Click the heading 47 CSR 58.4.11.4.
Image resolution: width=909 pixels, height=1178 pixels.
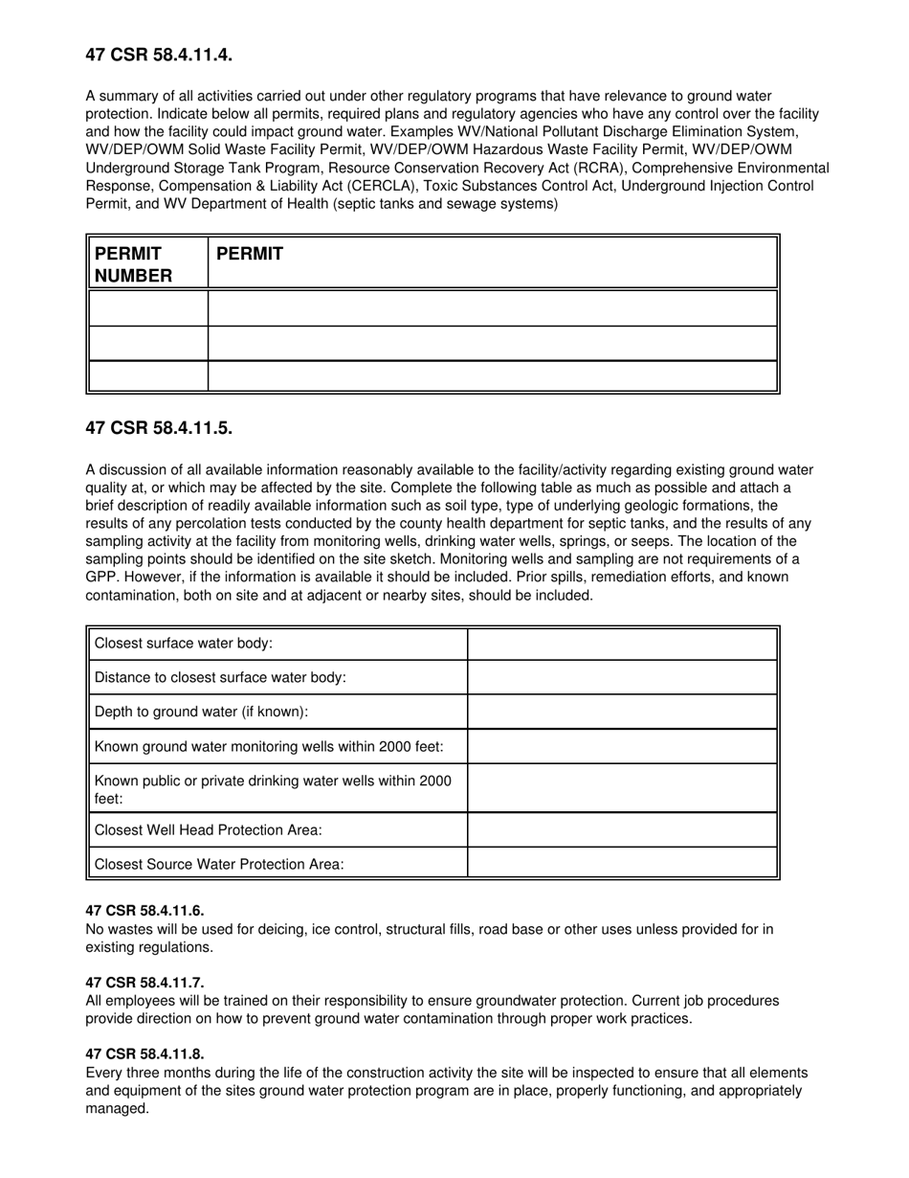pos(159,56)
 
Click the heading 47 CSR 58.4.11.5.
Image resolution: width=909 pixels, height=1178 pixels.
pos(159,428)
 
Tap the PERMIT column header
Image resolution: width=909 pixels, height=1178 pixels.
pos(250,254)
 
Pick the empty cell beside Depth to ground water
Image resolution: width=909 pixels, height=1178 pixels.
pos(622,712)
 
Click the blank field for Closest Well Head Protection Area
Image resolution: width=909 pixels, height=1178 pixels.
pos(622,829)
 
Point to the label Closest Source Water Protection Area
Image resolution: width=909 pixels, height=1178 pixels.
pos(219,864)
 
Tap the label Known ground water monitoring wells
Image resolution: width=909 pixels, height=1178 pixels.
pos(269,746)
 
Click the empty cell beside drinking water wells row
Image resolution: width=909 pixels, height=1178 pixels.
pos(622,788)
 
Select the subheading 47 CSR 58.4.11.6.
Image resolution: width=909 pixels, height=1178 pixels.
pos(144,911)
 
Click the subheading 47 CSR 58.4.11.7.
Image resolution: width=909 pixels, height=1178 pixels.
pos(144,983)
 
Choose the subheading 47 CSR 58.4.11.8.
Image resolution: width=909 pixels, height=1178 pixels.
pos(144,1054)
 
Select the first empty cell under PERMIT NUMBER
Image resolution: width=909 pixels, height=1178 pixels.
pos(147,308)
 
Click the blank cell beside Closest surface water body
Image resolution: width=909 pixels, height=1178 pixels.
pos(622,644)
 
